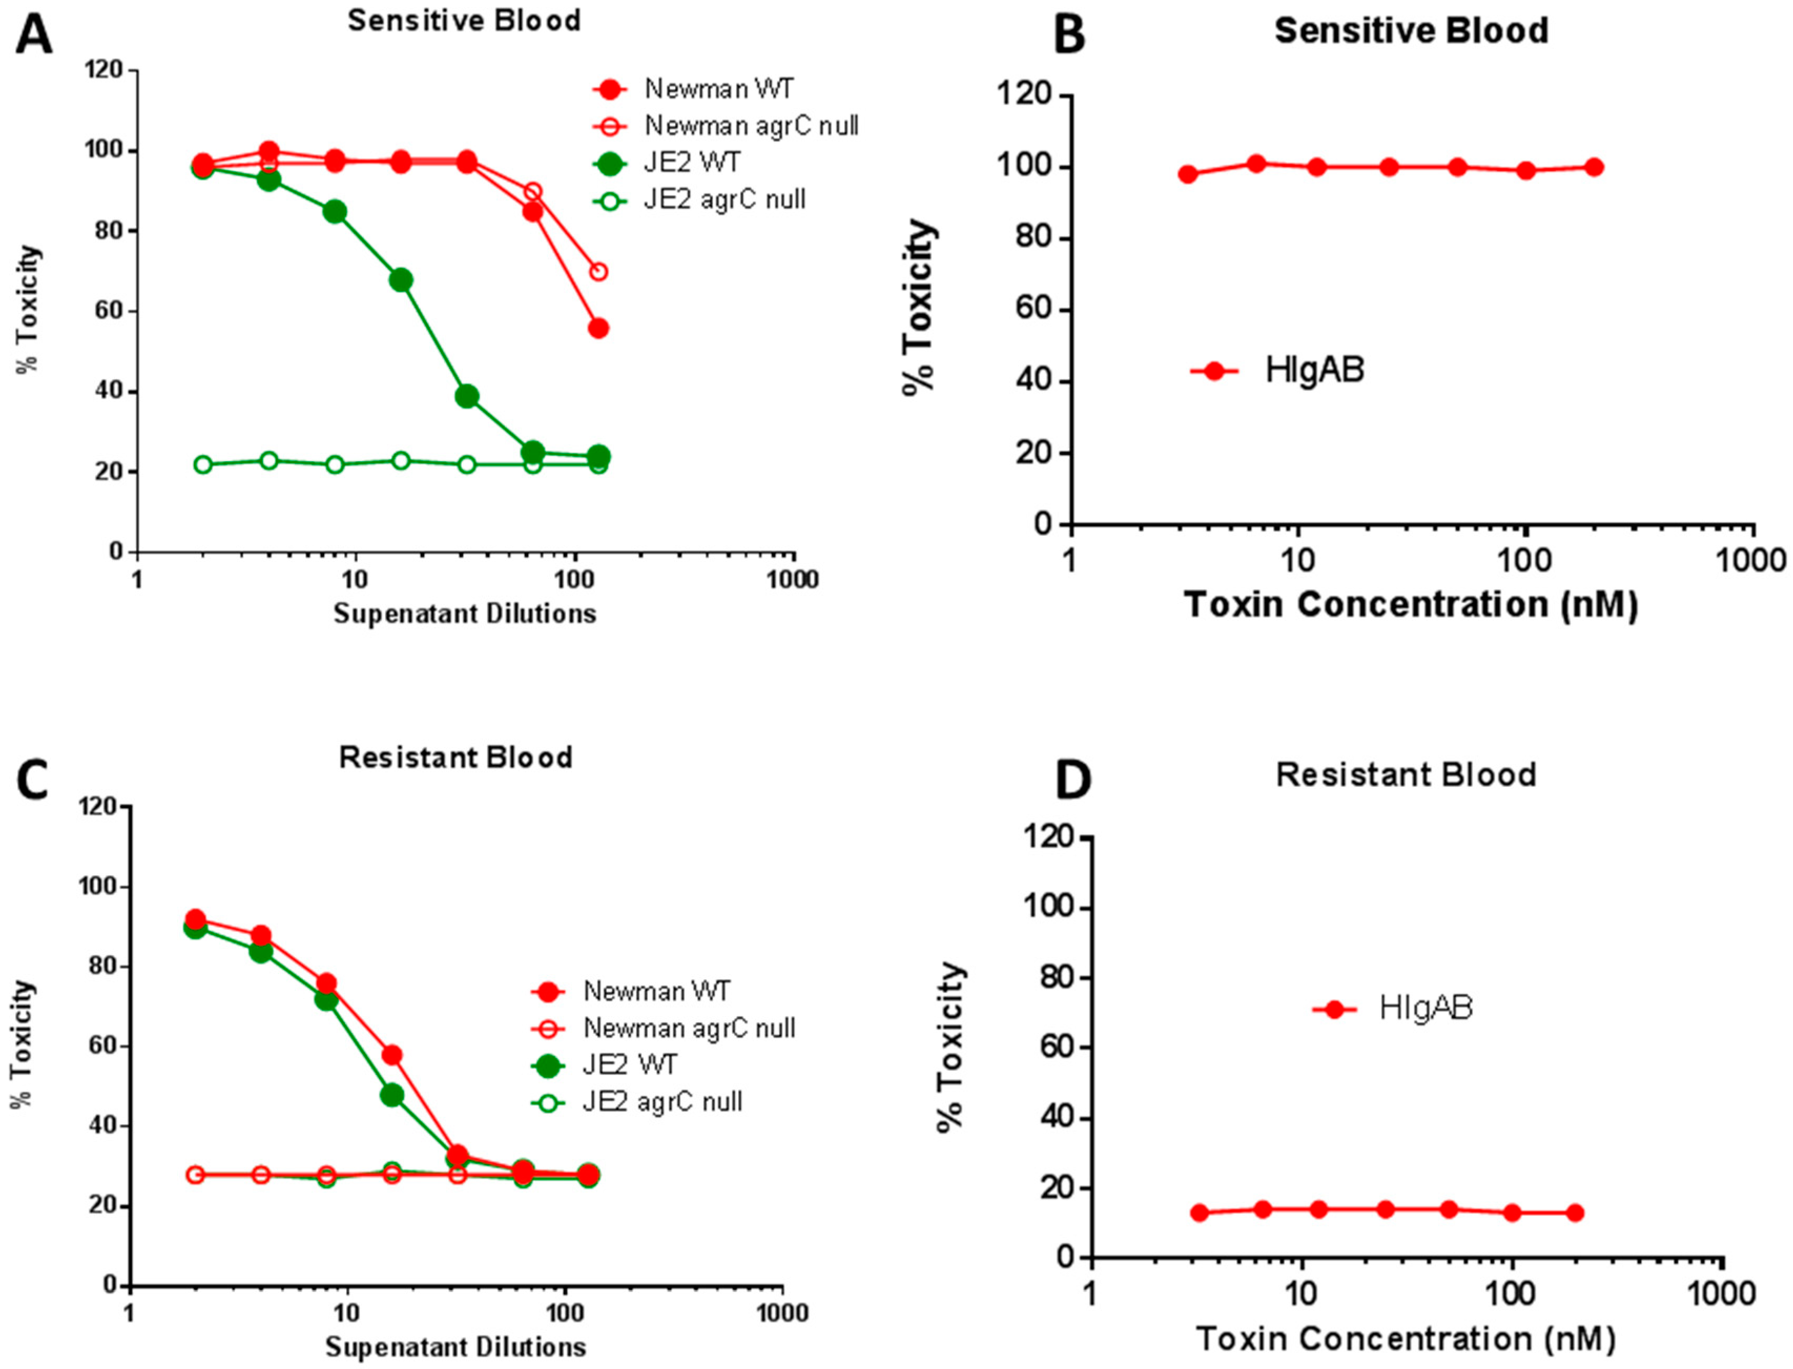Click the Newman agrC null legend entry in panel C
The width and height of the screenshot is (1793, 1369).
pos(689,1029)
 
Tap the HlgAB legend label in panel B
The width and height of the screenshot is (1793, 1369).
pos(1314,371)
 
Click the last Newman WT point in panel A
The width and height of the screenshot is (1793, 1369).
pos(598,328)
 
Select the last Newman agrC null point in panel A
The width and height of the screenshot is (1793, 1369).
pos(598,272)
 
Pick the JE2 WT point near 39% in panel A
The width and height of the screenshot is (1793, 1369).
pos(467,397)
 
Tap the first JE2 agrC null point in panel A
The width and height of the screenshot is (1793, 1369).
pos(203,464)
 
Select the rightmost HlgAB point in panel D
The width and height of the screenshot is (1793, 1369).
pos(1574,1212)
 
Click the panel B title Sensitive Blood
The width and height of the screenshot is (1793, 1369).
pos(1411,31)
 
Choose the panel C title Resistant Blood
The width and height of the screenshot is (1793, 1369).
pos(455,758)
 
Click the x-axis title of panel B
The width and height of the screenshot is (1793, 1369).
pos(1410,605)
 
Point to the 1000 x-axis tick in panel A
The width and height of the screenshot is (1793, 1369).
pos(794,579)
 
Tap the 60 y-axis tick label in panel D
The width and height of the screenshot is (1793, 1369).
pos(1056,1048)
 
